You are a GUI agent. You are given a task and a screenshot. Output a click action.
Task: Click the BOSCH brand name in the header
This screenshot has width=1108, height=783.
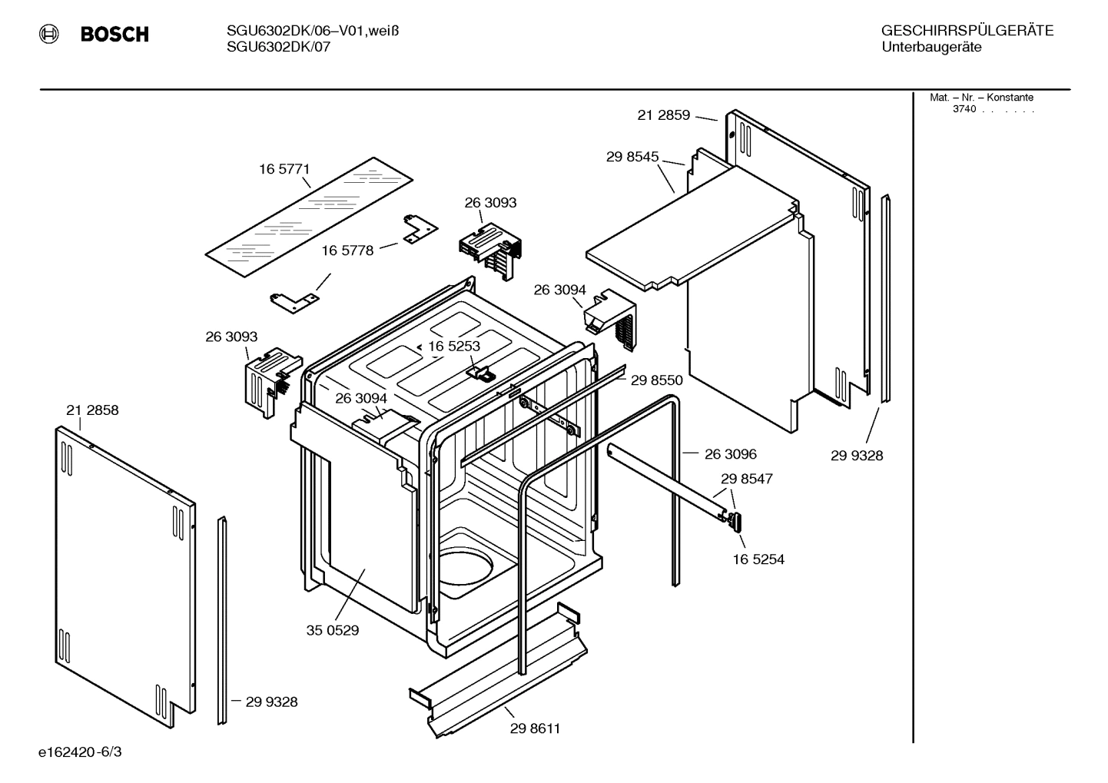pos(114,34)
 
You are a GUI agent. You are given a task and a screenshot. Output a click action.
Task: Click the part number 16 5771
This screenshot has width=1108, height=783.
pos(284,169)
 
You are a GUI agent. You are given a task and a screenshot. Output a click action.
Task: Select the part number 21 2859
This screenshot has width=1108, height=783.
pos(663,115)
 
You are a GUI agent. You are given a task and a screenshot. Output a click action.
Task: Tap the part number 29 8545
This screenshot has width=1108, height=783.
pos(632,157)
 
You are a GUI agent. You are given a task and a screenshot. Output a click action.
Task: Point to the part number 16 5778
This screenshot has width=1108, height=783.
pos(347,250)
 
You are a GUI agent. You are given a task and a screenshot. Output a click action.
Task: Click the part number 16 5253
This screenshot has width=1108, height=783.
pos(453,346)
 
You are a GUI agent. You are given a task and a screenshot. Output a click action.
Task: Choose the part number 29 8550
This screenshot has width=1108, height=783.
pos(656,380)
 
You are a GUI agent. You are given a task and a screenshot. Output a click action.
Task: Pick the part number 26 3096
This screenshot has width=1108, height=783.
pos(730,454)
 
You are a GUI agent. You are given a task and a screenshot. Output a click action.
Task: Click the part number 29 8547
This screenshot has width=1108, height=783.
pos(746,479)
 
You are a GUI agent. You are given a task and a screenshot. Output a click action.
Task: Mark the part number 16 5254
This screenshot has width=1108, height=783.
pos(758,559)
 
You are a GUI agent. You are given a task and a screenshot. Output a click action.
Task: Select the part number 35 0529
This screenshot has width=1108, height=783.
pos(332,631)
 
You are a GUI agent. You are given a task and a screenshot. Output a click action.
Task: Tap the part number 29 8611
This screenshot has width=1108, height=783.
pos(535,728)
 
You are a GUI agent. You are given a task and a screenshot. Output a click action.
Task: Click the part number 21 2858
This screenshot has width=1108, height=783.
pos(92,410)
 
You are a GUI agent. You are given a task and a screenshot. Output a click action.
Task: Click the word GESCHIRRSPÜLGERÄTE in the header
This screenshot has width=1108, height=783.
pos(967,31)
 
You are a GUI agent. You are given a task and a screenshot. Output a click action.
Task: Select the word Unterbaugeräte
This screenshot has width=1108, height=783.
pos(931,47)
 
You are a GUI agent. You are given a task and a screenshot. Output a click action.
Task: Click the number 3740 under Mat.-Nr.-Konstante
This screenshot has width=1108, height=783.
pos(964,109)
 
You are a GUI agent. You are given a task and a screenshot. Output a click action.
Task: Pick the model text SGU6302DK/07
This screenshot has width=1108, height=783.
pos(278,46)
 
